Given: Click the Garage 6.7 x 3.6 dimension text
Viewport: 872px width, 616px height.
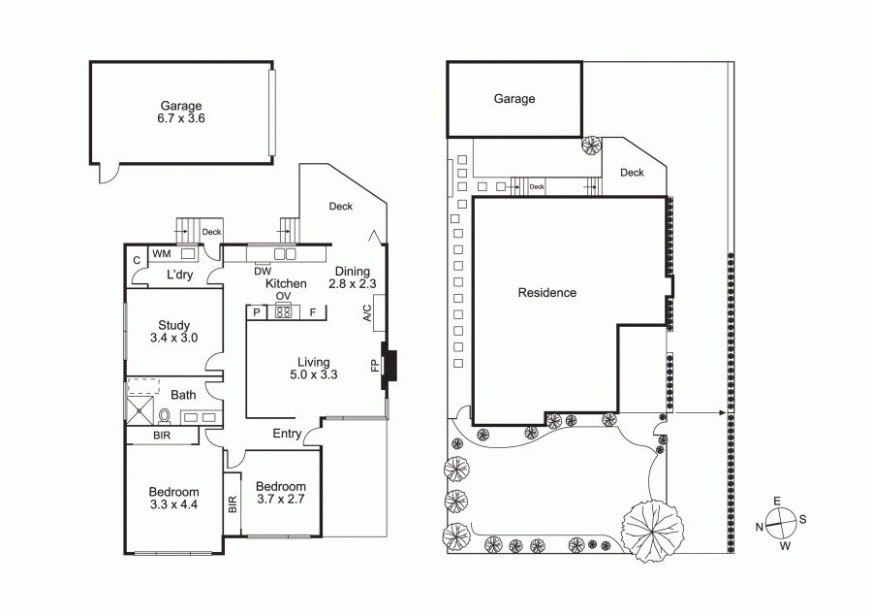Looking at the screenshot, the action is coord(182,118).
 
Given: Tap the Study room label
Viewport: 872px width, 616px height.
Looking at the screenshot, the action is coord(174,325).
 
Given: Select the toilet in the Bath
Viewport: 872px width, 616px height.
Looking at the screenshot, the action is coord(165,415).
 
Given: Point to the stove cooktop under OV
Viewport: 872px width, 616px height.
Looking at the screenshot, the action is coord(283,312).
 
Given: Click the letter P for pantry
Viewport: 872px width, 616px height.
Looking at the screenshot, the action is coord(257,312).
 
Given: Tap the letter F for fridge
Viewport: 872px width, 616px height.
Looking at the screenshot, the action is coord(313,312).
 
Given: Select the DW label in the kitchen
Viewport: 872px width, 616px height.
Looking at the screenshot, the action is coord(263,272).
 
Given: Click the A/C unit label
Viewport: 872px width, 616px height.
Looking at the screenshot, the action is coord(366,313).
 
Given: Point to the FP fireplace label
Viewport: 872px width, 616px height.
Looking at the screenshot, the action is coord(375,366).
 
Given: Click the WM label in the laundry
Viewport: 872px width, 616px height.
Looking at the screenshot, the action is coord(162,254).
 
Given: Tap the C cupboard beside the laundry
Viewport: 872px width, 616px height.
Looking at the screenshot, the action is coord(137,260).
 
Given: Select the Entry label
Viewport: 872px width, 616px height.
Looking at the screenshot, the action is coord(287,434).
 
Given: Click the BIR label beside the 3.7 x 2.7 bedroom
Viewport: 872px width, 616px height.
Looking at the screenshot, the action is coord(233,504).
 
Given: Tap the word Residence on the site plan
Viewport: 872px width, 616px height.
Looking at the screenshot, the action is coord(547,292).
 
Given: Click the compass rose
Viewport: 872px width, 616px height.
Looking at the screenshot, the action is coord(781,524).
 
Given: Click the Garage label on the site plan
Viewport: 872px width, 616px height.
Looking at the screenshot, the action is coord(514,99).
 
